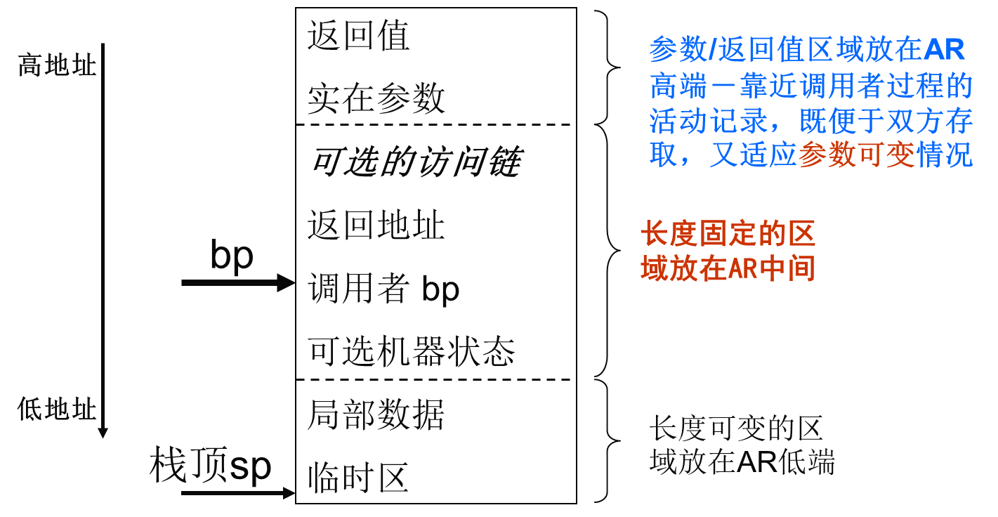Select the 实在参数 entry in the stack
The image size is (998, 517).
point(376,99)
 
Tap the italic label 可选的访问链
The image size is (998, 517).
point(414,164)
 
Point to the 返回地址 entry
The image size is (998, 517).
point(376,226)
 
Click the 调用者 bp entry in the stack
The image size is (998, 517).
point(383,289)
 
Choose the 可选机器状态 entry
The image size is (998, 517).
point(412,352)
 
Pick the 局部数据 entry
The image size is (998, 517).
point(376,415)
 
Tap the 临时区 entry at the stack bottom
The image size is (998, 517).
point(358,479)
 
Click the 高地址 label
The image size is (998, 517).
point(56,66)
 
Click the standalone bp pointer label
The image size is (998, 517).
point(231,256)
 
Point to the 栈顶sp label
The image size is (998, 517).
point(210,466)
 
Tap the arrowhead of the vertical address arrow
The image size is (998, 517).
point(103,431)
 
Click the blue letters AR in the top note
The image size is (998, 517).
point(944,51)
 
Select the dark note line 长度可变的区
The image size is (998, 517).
point(735,428)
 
